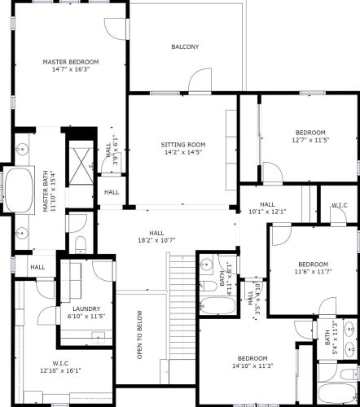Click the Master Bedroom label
click(71, 65)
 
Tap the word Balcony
click(185, 46)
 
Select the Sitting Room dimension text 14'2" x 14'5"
click(183, 152)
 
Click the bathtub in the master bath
click(20, 190)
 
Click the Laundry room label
click(86, 309)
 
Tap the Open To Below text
click(140, 335)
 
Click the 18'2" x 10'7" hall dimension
click(156, 240)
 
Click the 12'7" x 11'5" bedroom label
click(310, 136)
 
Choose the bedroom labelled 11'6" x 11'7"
click(313, 268)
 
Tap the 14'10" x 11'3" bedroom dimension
click(252, 365)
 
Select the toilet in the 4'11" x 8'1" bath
click(209, 287)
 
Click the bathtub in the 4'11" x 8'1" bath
click(217, 306)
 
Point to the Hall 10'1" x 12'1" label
click(267, 208)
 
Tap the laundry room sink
click(98, 337)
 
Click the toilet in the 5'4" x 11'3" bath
click(349, 374)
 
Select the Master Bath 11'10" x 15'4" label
click(49, 191)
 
